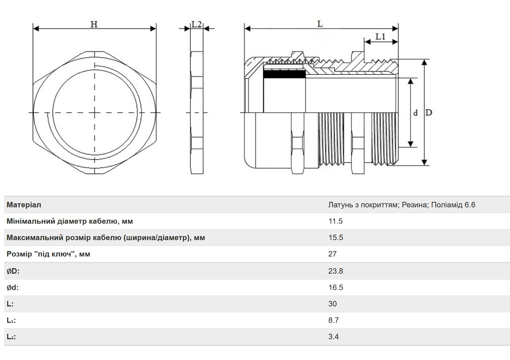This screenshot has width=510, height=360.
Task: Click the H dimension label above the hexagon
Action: [x=94, y=24]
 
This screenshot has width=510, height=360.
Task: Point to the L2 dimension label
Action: [x=196, y=24]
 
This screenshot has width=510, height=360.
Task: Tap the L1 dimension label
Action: [x=380, y=36]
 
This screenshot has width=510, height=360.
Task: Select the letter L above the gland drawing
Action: [x=320, y=24]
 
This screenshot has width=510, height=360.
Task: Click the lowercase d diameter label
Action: [x=416, y=113]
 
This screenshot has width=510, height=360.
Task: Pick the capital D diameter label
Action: [x=429, y=113]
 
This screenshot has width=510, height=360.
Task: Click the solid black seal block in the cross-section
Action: [x=285, y=74]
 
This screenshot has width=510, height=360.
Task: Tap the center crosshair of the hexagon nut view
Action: [x=95, y=113]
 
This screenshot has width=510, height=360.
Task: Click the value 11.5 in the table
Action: [x=336, y=221]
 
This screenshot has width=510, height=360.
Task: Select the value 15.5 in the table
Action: [x=336, y=238]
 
